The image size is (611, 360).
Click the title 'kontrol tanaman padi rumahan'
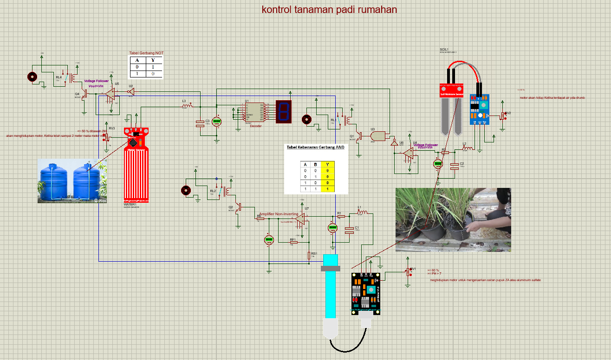[x=329, y=9]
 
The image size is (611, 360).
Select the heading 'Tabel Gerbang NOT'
[x=146, y=53]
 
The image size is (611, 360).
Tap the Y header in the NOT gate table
[x=153, y=60]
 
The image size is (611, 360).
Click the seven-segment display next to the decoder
[x=283, y=111]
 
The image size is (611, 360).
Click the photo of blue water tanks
[x=72, y=180]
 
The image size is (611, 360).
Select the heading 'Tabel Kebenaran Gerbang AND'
[x=316, y=147]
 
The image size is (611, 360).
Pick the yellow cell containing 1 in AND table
[x=327, y=189]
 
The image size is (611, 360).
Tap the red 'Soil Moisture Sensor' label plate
[x=452, y=94]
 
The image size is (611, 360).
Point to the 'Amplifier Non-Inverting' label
[x=279, y=214]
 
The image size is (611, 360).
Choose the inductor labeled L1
[x=362, y=212]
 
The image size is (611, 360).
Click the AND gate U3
[x=378, y=135]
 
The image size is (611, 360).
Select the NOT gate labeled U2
[x=131, y=92]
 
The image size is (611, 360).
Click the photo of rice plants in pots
[x=453, y=220]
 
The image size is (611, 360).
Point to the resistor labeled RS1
[x=309, y=255]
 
